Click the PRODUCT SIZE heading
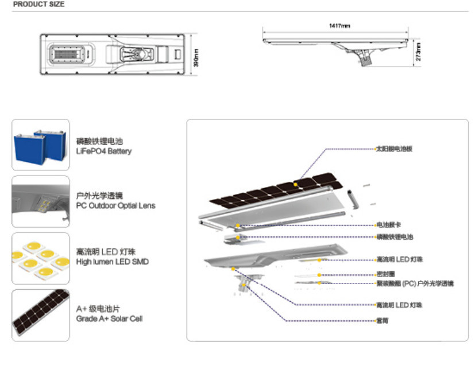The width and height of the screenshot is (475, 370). click(x=39, y=5)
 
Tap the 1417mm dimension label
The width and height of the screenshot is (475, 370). click(x=339, y=26)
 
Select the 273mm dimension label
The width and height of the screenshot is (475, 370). click(x=418, y=53)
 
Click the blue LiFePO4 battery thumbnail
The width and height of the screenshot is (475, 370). click(x=40, y=144)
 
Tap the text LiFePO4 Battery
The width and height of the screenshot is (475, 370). click(x=104, y=151)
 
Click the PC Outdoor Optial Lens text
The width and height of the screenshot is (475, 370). click(x=115, y=205)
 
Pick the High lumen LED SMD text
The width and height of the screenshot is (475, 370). click(x=112, y=262)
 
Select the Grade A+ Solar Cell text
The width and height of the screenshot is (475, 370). click(x=109, y=318)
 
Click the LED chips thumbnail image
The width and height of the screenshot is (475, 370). click(x=40, y=258)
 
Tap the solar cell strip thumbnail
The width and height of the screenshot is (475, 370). click(x=40, y=315)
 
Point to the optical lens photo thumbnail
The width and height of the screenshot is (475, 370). click(x=40, y=201)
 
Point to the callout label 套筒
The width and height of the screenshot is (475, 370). click(x=382, y=320)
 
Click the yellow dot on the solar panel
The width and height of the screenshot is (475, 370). click(x=295, y=184)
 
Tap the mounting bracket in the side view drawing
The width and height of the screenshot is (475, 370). click(x=364, y=57)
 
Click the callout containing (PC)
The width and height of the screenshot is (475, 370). click(x=414, y=283)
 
